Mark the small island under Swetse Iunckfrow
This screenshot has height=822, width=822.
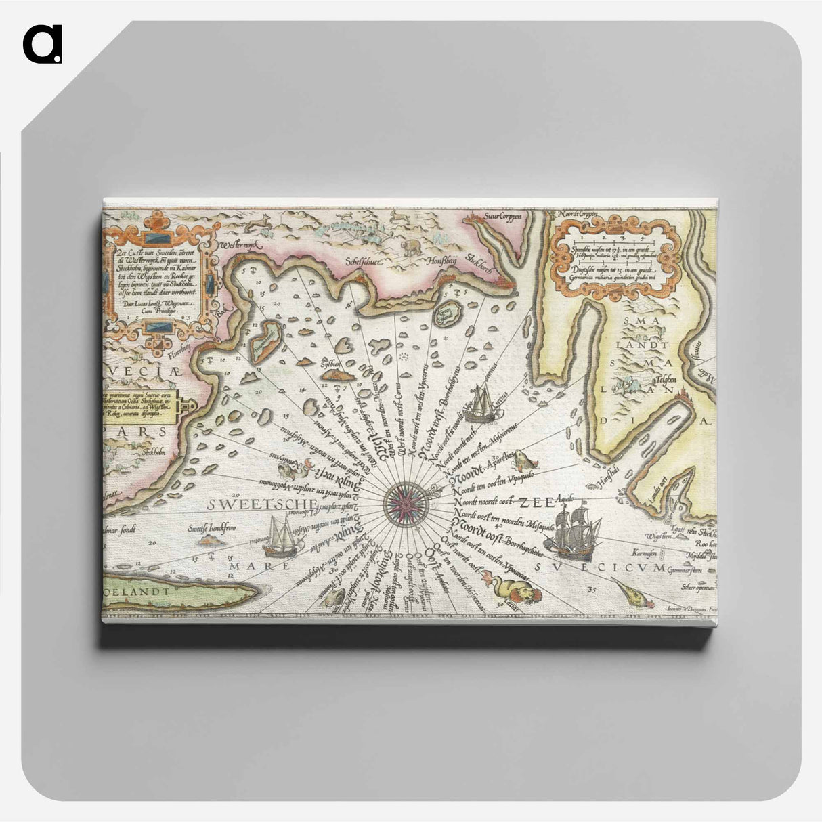211,540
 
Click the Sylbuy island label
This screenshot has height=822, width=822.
330,361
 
